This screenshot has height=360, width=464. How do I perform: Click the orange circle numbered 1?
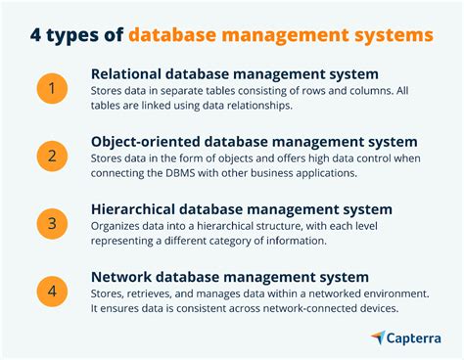point(53,89)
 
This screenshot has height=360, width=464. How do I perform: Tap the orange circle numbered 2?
point(53,156)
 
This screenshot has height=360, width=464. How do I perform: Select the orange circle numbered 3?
point(53,223)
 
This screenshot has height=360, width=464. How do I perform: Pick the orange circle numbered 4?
point(53,291)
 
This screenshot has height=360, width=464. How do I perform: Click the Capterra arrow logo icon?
point(378,337)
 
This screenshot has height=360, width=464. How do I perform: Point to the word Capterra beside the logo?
point(413,337)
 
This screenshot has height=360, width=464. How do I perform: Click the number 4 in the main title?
point(37,35)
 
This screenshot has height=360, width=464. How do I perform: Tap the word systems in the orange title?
point(391,35)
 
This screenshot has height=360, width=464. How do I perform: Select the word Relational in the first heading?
point(128,74)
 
